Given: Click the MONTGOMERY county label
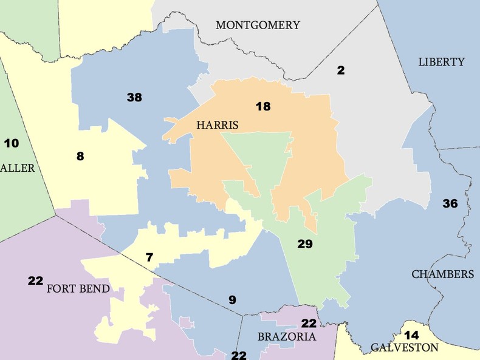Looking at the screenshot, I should [x=258, y=25].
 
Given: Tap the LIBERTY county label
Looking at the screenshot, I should [x=441, y=62].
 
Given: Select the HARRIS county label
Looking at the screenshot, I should [x=217, y=125].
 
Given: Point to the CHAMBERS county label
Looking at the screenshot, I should [x=442, y=274].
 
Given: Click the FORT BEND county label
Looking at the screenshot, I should [x=78, y=288].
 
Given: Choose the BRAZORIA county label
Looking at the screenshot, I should [x=287, y=336].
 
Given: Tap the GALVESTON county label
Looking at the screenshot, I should [x=404, y=348].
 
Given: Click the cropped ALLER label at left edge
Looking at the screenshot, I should [x=18, y=168].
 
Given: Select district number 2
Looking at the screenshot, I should [x=341, y=70].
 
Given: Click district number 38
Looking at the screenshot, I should [x=134, y=97].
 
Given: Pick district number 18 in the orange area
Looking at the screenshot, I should [x=262, y=107].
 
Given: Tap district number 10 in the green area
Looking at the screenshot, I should [x=12, y=144].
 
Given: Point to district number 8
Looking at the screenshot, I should [x=80, y=157].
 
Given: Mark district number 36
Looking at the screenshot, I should [x=450, y=203].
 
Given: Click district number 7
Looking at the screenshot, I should [x=149, y=257].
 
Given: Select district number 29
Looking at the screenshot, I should [x=304, y=245].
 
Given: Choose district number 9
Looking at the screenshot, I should [x=232, y=299].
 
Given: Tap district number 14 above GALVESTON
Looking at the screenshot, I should [x=411, y=335].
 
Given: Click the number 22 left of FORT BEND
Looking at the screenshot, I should [x=35, y=280].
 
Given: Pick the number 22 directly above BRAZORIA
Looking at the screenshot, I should [x=309, y=324].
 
